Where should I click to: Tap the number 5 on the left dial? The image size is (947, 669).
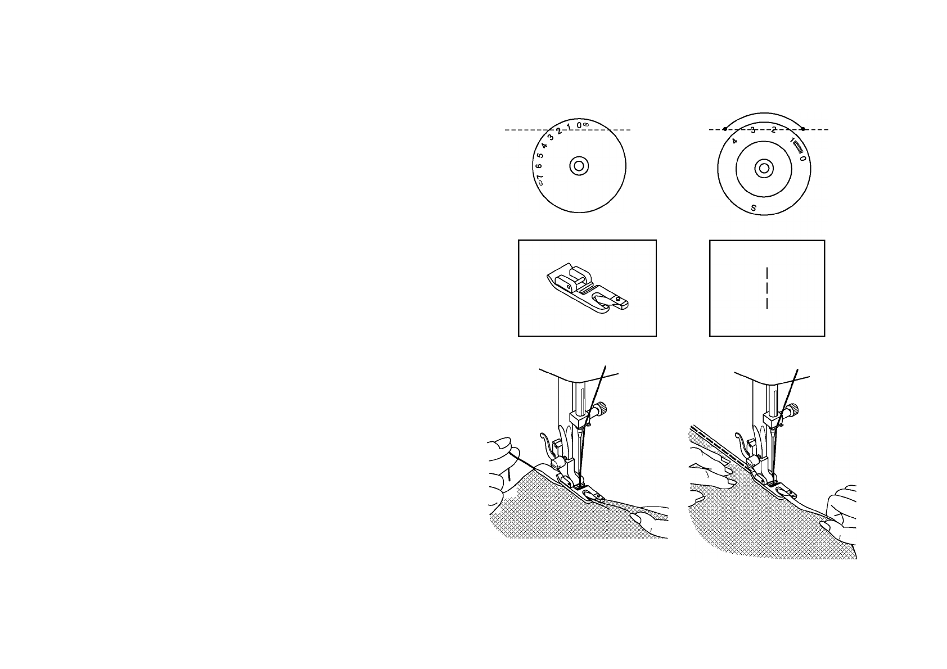coord(540,156)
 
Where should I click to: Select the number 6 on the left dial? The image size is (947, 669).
coord(538,167)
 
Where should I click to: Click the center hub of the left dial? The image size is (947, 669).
coord(579,166)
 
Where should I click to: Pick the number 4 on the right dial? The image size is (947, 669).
coord(734,141)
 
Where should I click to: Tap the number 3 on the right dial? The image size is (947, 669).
coord(753,130)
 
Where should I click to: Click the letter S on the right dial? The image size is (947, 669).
coord(754,208)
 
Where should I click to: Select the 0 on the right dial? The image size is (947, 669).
coord(803,159)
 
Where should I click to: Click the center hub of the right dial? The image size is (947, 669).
coord(763,168)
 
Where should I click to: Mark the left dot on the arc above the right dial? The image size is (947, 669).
coord(725,129)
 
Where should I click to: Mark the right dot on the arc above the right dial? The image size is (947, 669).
coord(803,129)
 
